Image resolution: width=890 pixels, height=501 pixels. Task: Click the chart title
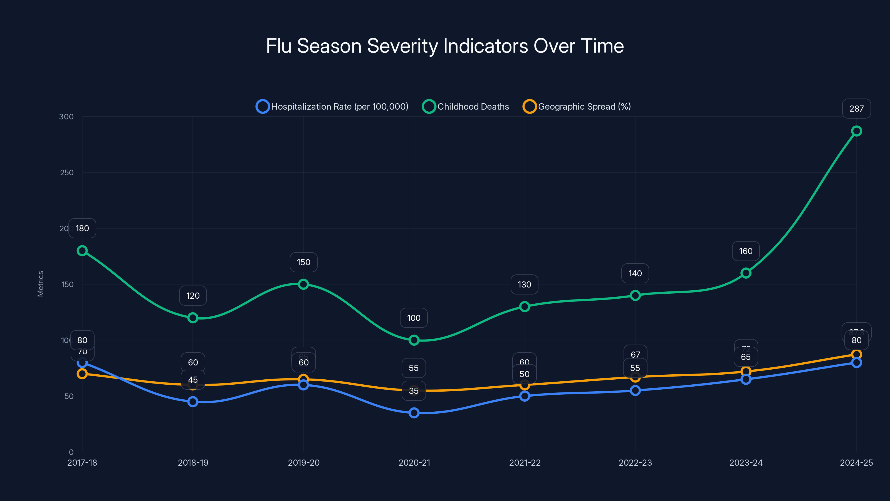(x=445, y=46)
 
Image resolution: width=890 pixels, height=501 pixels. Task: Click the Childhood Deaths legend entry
(x=466, y=107)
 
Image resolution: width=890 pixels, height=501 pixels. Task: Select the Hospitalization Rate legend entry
(x=332, y=107)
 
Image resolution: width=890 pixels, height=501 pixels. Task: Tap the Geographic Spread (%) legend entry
(x=577, y=107)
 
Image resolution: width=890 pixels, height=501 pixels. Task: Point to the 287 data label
(x=856, y=109)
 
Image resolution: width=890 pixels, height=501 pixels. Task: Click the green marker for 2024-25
(x=856, y=131)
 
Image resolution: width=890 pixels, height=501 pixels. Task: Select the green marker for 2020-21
(x=414, y=340)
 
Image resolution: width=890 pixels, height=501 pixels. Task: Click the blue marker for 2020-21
(x=414, y=413)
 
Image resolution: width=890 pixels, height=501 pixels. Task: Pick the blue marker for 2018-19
(x=193, y=402)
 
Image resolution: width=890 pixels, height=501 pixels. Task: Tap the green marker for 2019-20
(x=303, y=284)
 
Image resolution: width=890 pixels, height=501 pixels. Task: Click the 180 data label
(x=82, y=228)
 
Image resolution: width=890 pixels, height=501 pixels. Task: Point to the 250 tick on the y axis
(x=67, y=173)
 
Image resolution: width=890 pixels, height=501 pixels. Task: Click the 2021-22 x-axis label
(x=525, y=463)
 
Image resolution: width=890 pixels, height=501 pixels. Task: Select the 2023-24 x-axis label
(x=746, y=463)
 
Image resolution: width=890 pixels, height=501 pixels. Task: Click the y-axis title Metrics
(x=40, y=284)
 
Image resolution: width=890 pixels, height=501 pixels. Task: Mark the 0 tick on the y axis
(x=71, y=452)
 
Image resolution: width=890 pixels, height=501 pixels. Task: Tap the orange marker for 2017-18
(x=82, y=374)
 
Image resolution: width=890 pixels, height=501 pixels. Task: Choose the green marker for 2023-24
(x=746, y=273)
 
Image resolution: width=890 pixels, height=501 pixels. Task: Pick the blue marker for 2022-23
(x=635, y=391)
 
